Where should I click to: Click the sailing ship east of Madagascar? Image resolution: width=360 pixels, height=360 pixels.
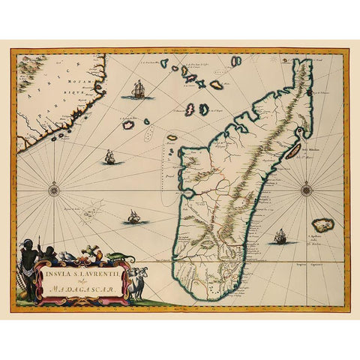tap(280, 237)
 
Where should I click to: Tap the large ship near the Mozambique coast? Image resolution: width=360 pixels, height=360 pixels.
tap(138, 91)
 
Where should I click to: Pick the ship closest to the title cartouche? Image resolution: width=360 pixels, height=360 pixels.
tap(133, 217)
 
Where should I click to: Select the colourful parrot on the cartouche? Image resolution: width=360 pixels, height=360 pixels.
tap(88, 253)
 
